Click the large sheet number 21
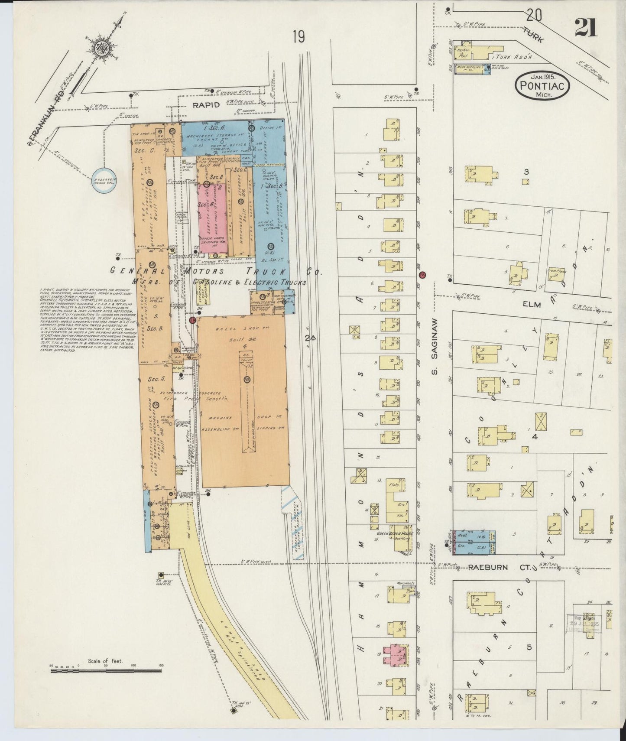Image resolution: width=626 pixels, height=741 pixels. pos(586,28)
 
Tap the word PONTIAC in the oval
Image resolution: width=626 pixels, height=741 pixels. pos(542,85)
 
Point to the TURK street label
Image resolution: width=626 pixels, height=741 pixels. pos(534,34)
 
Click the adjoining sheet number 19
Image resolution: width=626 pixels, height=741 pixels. pos(298,37)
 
